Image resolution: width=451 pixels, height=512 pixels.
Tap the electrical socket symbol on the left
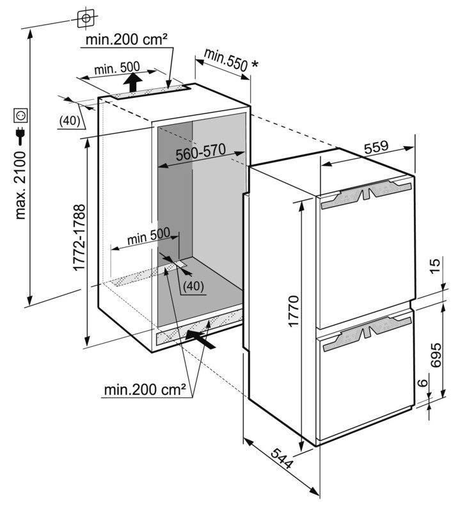tap(21, 116)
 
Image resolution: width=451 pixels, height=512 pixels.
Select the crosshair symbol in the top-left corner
tap(84, 19)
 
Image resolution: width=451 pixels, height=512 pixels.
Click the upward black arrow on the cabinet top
tap(133, 82)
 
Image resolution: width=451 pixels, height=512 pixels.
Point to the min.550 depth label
tap(224, 59)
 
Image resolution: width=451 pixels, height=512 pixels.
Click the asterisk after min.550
tap(256, 63)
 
